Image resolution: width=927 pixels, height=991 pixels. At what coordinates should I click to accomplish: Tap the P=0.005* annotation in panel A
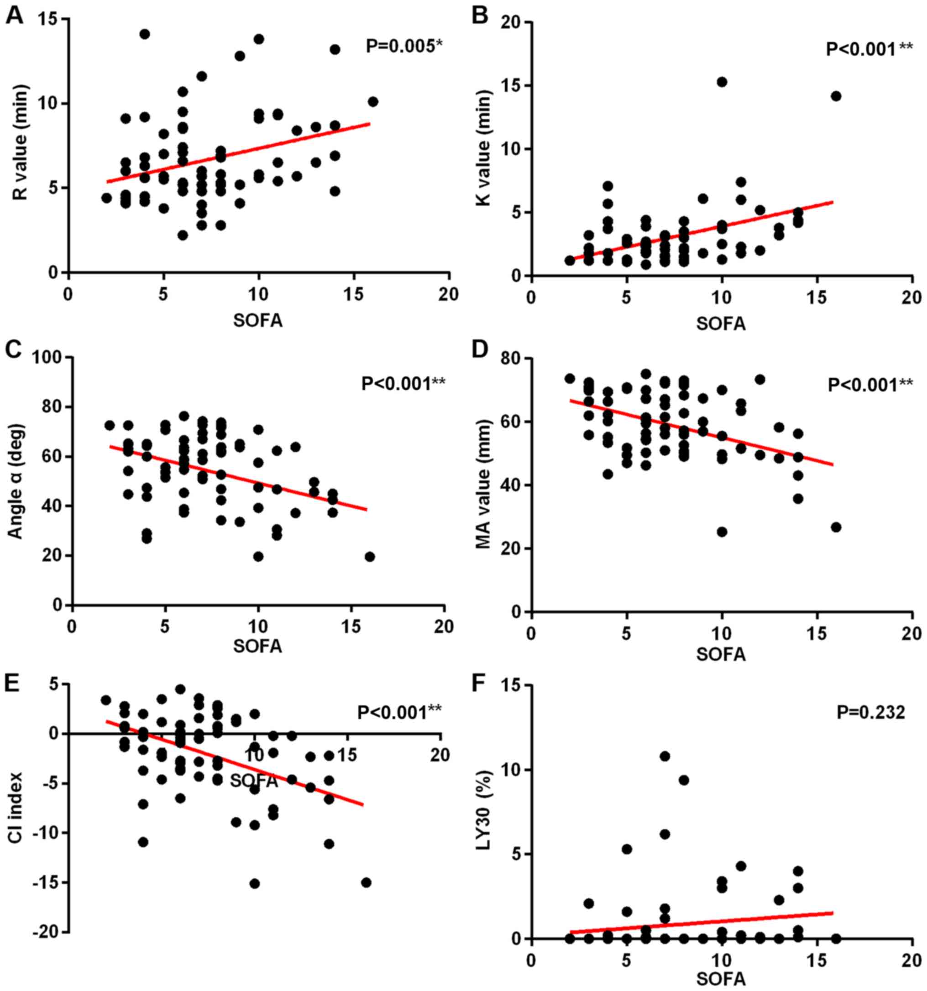(404, 47)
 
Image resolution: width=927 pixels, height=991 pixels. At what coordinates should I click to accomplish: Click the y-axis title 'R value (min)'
(21, 143)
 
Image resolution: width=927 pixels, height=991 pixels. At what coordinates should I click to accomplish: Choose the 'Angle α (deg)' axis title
(16, 483)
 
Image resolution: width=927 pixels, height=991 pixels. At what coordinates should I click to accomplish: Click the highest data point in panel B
(722, 82)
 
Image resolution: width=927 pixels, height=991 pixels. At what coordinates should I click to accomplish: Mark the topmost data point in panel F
(665, 756)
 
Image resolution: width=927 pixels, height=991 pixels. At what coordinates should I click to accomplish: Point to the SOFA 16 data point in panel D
(836, 527)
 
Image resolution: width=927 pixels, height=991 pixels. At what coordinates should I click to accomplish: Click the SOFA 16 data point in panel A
(373, 102)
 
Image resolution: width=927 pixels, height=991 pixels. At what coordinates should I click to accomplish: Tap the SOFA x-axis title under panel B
(721, 324)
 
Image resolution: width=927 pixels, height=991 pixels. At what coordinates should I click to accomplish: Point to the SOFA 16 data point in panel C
(370, 557)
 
